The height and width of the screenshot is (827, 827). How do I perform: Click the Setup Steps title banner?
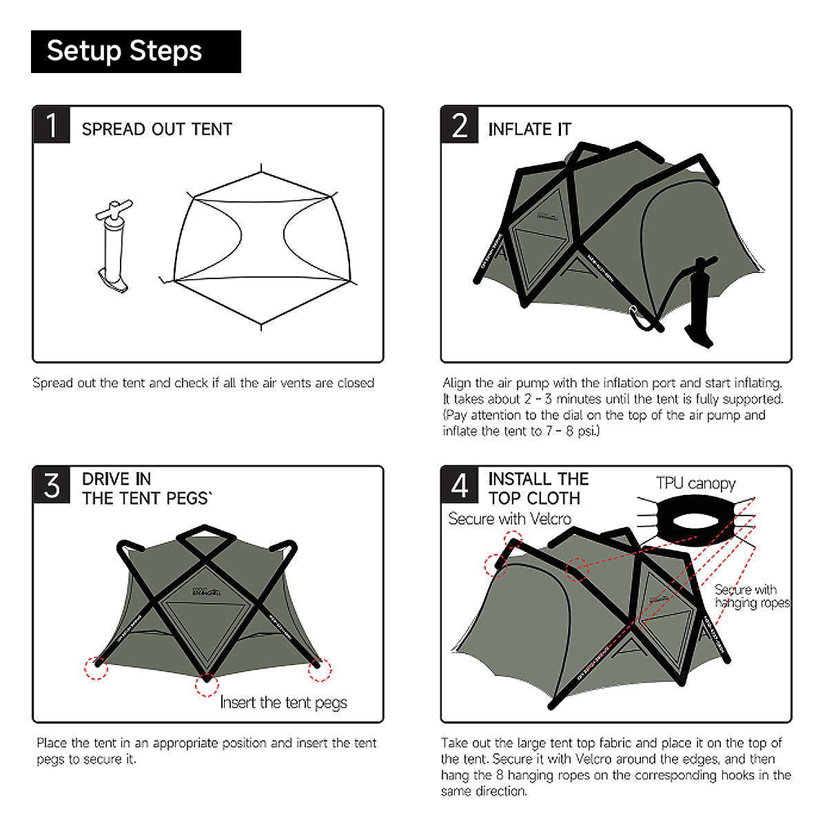[x=136, y=52]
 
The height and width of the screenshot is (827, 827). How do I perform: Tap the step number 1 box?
[x=52, y=125]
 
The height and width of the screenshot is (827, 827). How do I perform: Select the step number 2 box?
[x=460, y=125]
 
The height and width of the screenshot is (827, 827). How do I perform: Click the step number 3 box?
[x=52, y=486]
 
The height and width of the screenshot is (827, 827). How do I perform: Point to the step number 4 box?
[x=460, y=486]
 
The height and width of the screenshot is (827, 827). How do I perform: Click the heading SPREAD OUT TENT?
[x=156, y=130]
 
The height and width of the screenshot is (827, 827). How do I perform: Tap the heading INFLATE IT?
[x=529, y=130]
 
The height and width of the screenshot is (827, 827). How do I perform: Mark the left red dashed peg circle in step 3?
[x=96, y=668]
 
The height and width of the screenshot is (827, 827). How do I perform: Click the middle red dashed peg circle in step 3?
[x=206, y=684]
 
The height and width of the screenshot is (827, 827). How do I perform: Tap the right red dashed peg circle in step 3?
[x=319, y=669]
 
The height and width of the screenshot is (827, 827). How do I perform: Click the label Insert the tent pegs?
[x=283, y=703]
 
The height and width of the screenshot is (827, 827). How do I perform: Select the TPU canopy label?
[x=695, y=484]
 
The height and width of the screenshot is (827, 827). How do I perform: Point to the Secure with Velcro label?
[x=509, y=519]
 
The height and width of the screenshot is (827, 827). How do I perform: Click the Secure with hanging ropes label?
[x=751, y=596]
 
